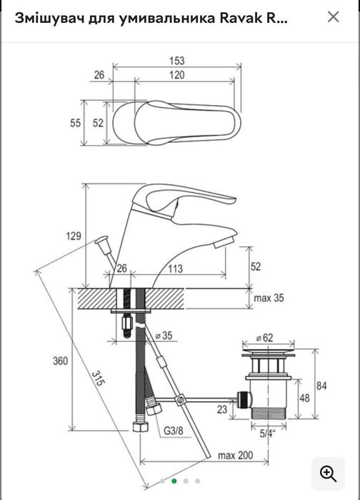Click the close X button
point(334,17)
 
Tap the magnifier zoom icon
point(328,474)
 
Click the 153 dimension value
point(177,61)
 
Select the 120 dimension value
point(177,75)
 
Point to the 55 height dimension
point(75,123)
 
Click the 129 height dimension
point(74,236)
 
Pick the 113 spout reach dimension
point(176,269)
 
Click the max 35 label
point(269,298)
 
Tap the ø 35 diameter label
point(164,336)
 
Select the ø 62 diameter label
point(265,338)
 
